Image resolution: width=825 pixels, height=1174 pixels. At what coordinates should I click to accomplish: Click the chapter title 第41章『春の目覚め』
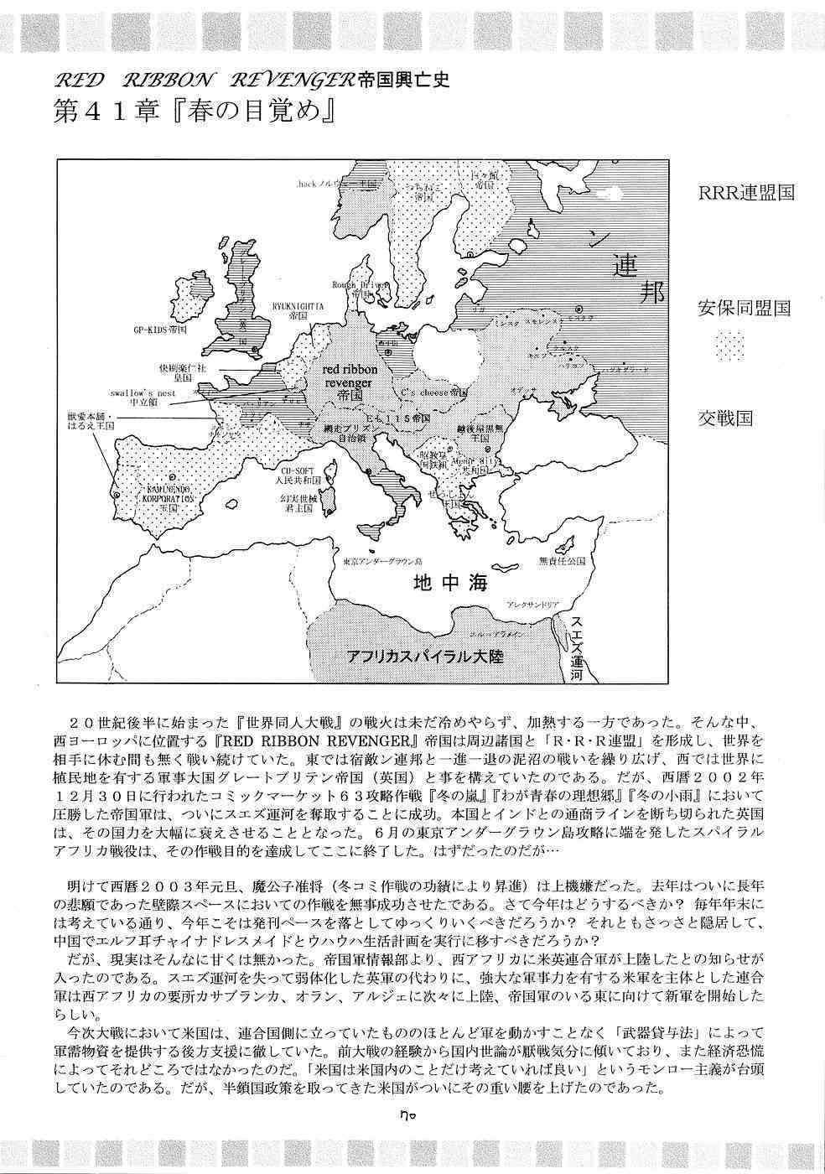(189, 115)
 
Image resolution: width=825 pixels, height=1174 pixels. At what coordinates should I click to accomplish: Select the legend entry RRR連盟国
(746, 192)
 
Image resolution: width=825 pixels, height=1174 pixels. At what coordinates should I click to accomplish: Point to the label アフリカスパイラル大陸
(426, 655)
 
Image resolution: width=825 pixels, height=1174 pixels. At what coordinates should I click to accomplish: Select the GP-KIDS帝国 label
(165, 330)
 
